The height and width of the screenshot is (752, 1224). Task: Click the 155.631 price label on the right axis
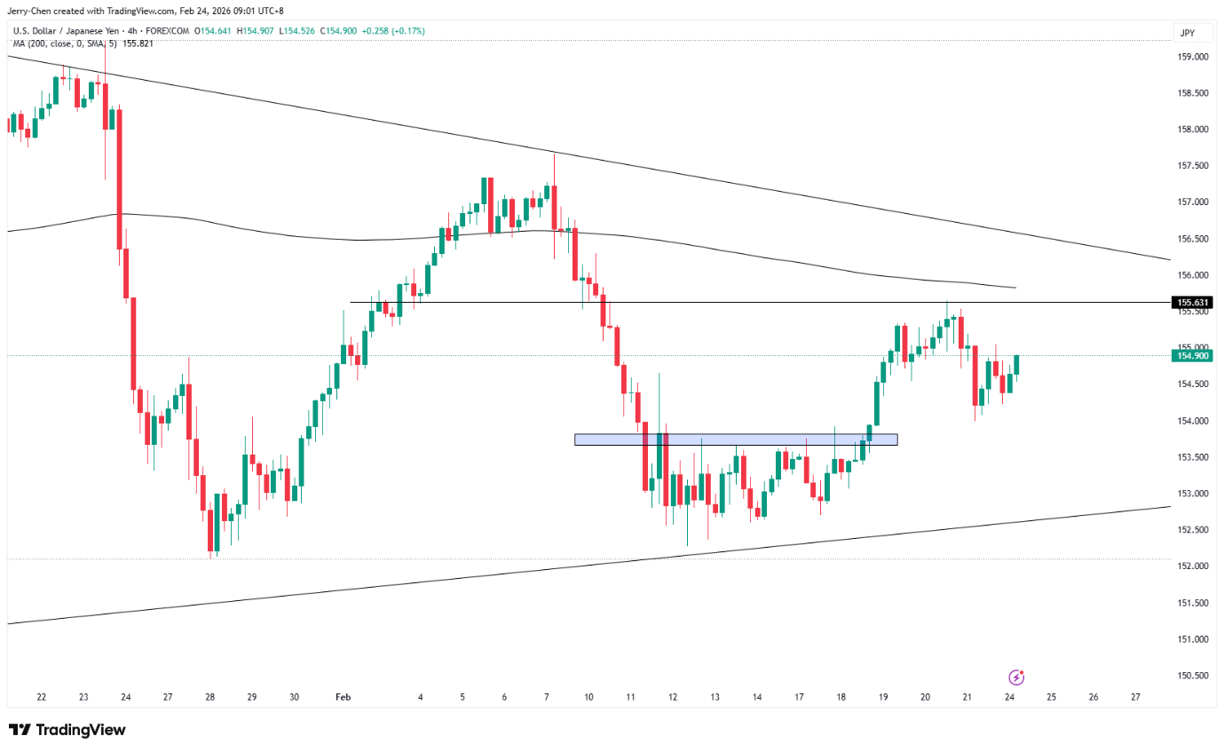point(1192,303)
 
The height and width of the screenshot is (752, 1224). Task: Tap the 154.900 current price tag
point(1192,356)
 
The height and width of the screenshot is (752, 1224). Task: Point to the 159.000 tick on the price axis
point(1191,57)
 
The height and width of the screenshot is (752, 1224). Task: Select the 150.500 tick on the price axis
point(1191,676)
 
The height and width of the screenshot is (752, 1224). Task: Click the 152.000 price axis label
point(1191,566)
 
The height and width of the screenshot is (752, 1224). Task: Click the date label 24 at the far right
point(1010,698)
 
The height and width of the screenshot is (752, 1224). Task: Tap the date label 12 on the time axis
point(673,698)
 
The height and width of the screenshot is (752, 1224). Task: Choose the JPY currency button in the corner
point(1188,33)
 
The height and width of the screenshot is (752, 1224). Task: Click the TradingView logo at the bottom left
point(67,730)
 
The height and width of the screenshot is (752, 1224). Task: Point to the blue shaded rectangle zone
point(736,439)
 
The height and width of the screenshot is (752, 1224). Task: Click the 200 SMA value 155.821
point(138,43)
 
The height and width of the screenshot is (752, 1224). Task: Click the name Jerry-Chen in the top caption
point(30,11)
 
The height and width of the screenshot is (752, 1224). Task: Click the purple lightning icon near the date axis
point(1017,677)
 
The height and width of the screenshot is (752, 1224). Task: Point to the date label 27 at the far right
point(1135,698)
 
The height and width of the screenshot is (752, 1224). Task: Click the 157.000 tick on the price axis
point(1191,202)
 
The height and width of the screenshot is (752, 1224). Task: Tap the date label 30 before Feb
point(294,698)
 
